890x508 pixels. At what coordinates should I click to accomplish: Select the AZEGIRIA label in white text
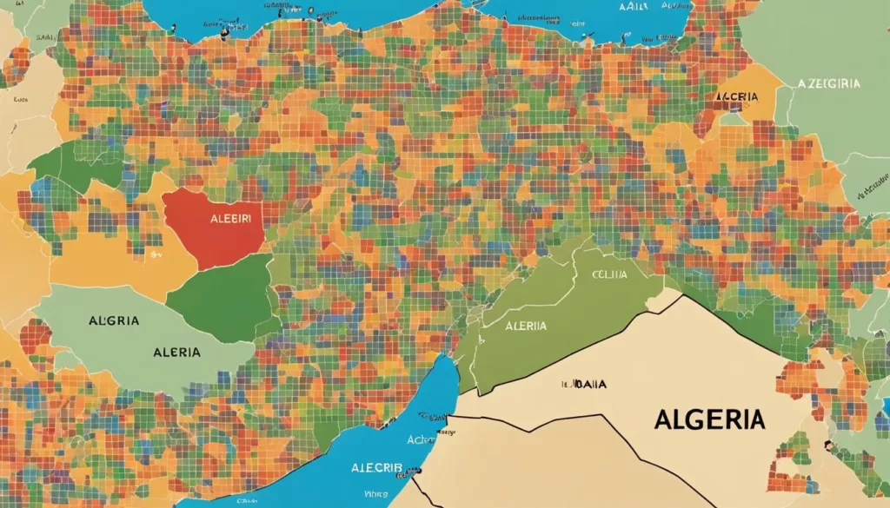828,83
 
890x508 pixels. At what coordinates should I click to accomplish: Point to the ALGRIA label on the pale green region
114,320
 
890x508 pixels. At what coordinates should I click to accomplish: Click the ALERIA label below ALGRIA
176,352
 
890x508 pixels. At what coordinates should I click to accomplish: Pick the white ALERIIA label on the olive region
525,326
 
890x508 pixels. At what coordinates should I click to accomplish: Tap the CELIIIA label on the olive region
611,274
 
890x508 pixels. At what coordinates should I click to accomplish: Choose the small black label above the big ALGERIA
584,383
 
